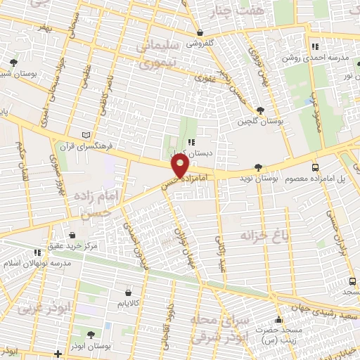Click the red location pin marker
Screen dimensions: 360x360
pos(181,165)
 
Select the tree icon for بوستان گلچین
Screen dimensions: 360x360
pos(260,110)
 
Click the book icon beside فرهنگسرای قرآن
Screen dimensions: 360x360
pos(86,134)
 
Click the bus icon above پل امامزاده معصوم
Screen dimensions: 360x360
pos(314,167)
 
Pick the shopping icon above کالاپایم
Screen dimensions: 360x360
pos(128,292)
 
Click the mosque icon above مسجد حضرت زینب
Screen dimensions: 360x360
pos(279,319)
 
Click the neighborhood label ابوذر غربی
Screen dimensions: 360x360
pos(36,307)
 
